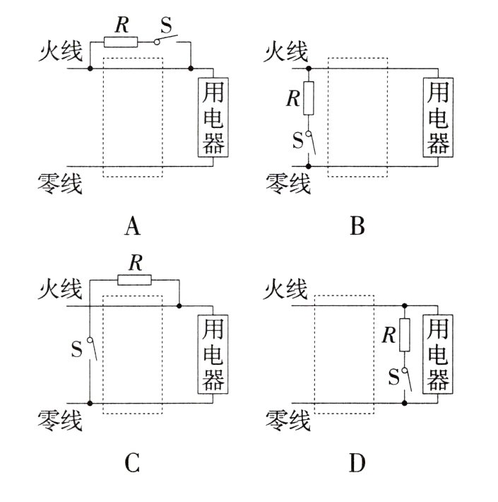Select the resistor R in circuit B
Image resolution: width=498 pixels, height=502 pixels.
pyautogui.click(x=308, y=98)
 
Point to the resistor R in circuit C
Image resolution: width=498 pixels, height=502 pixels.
pyautogui.click(x=134, y=280)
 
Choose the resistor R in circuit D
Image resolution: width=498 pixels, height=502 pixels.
pyautogui.click(x=404, y=334)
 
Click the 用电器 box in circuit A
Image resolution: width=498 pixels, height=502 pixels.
pyautogui.click(x=213, y=116)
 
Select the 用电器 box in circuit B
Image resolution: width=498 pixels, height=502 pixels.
pyautogui.click(x=437, y=116)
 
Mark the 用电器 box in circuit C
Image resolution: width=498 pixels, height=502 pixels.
pyautogui.click(x=213, y=354)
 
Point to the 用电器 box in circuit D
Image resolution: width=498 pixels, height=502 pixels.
pyautogui.click(x=437, y=354)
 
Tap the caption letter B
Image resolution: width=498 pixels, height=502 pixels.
pyautogui.click(x=357, y=227)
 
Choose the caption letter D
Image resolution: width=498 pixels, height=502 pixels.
pyautogui.click(x=357, y=463)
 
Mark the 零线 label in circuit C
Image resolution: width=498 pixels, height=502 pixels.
pyautogui.click(x=60, y=421)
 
